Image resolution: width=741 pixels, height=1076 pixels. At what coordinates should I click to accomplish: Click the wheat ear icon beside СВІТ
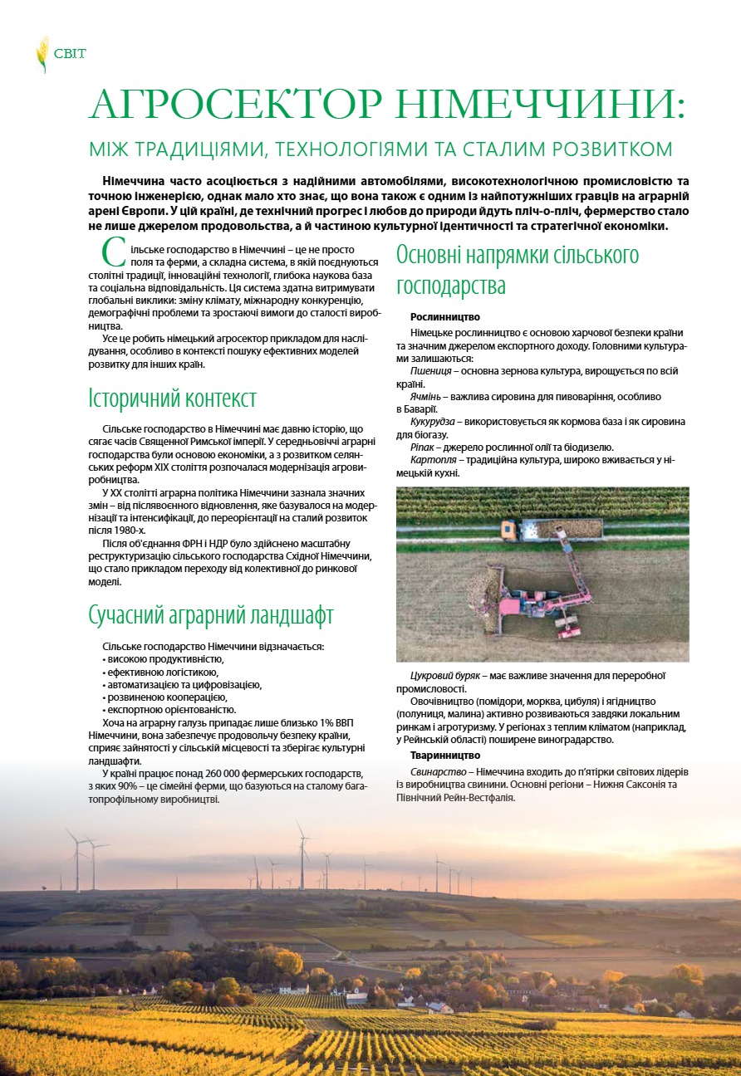click(42, 54)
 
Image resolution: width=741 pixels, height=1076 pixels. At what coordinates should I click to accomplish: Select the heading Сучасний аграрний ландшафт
click(211, 615)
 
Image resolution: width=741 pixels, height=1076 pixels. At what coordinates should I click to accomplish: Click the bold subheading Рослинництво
click(444, 317)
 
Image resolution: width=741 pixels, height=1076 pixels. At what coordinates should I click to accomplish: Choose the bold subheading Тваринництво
click(445, 756)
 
